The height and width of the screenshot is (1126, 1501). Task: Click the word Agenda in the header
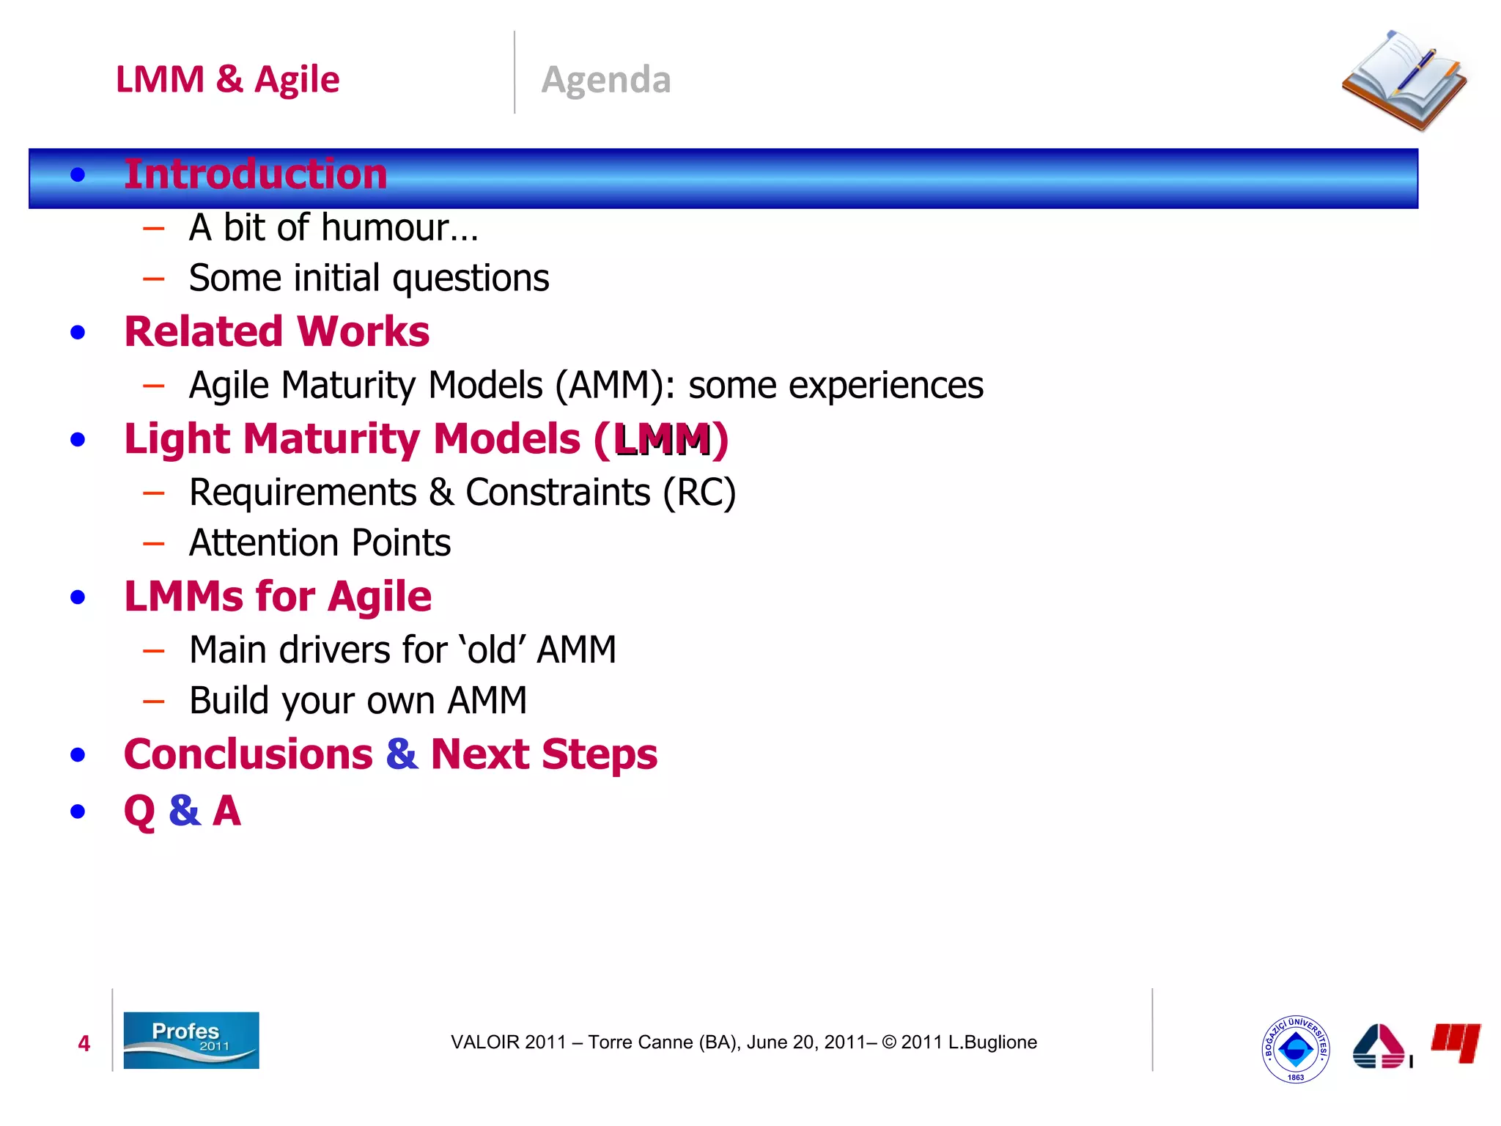pyautogui.click(x=606, y=79)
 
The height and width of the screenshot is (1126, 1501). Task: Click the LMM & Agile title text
pyautogui.click(x=227, y=79)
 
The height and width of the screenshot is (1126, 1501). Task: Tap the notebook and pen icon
pyautogui.click(x=1404, y=81)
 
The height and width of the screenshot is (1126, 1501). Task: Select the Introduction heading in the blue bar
pyautogui.click(x=255, y=174)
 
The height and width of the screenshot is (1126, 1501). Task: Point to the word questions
pyautogui.click(x=471, y=279)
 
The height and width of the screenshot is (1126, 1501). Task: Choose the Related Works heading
pyautogui.click(x=276, y=331)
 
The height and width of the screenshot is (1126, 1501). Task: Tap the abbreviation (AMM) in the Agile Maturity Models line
pyautogui.click(x=614, y=386)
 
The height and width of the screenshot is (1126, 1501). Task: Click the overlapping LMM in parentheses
pyautogui.click(x=663, y=440)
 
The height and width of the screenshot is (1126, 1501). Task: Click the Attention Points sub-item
pyautogui.click(x=320, y=543)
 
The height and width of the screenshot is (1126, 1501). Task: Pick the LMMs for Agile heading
pyautogui.click(x=278, y=596)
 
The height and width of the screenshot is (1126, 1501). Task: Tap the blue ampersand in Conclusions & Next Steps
pyautogui.click(x=402, y=754)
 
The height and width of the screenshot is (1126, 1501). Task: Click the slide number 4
pyautogui.click(x=84, y=1043)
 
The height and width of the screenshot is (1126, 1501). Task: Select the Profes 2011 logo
pyautogui.click(x=191, y=1040)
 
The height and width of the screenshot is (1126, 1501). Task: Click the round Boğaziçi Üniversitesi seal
pyautogui.click(x=1295, y=1049)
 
